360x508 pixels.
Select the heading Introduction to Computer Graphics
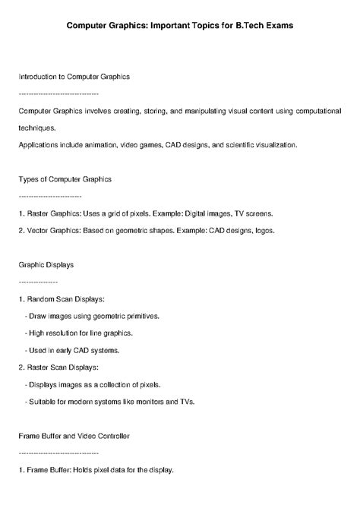[x=74, y=77]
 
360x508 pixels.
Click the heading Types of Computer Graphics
[x=65, y=179]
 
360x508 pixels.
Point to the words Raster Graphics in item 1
[x=52, y=213]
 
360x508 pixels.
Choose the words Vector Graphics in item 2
[x=52, y=230]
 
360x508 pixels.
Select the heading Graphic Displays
[x=46, y=265]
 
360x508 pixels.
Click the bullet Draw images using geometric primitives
[x=92, y=316]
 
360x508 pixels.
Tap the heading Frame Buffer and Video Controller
[x=74, y=436]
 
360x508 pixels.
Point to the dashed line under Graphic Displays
[x=37, y=281]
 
